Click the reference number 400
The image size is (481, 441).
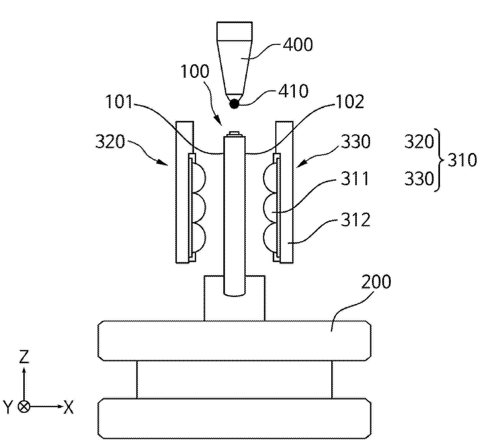(x=297, y=44)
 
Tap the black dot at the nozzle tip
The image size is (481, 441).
(x=234, y=104)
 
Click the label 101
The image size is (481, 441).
(x=119, y=101)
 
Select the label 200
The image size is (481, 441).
(x=376, y=282)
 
